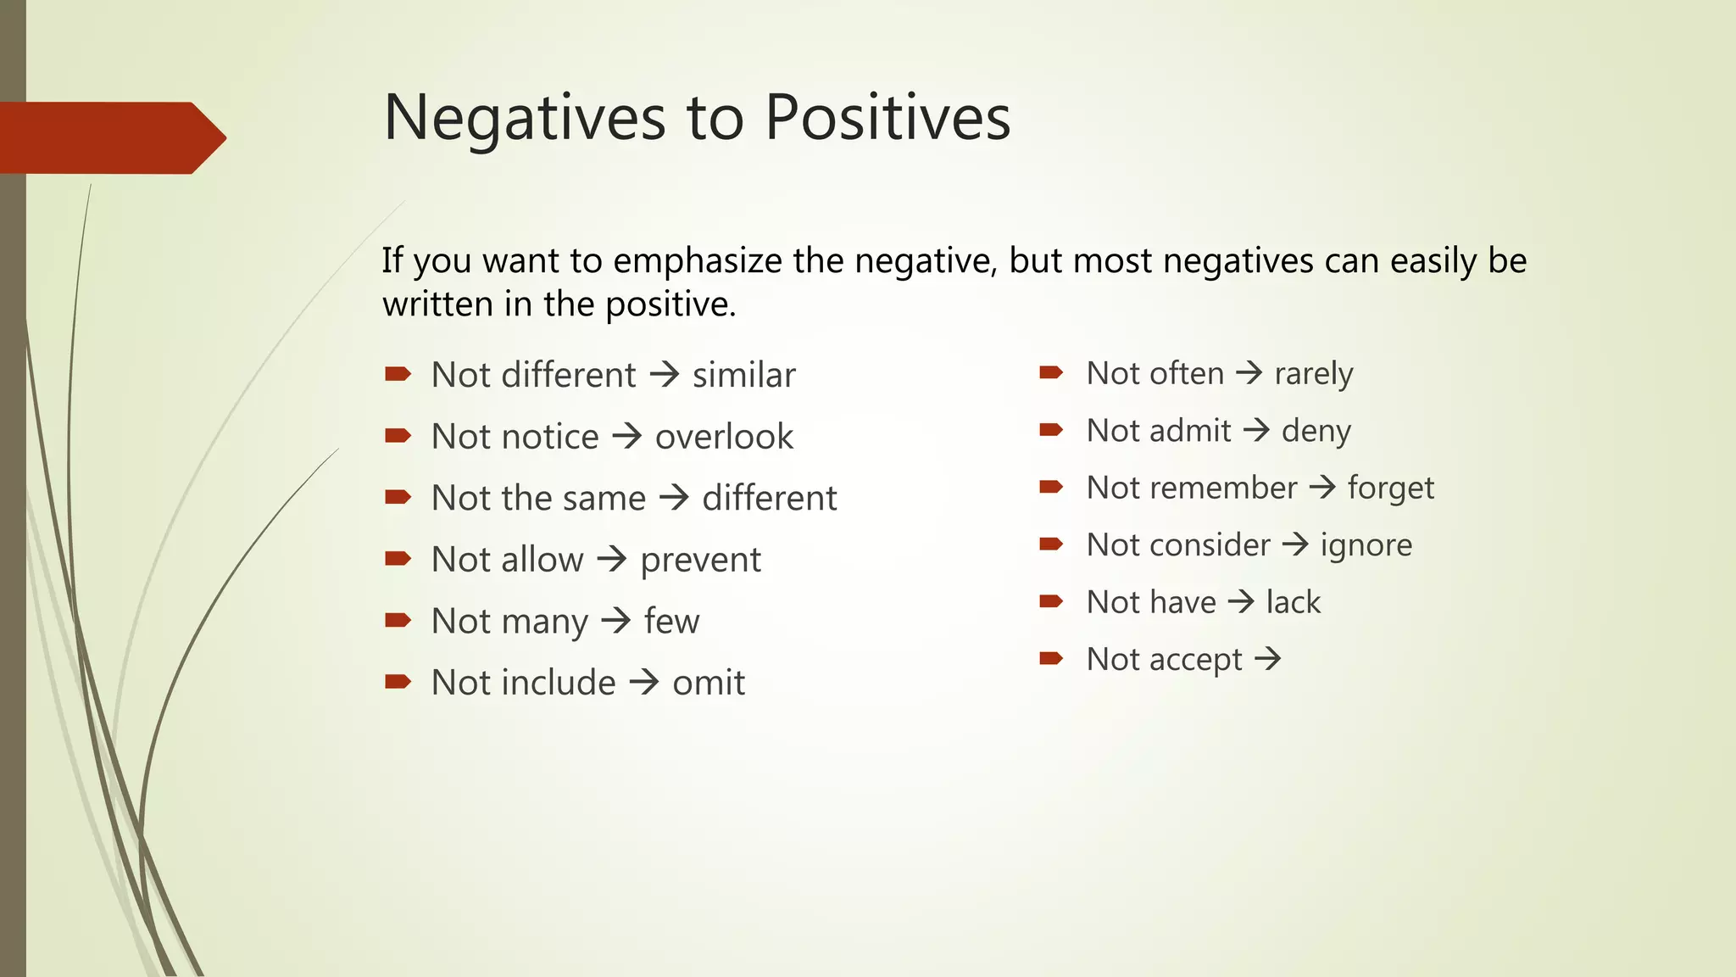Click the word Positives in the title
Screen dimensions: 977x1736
(x=887, y=117)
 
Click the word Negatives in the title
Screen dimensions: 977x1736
(x=525, y=117)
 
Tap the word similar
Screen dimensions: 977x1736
(x=743, y=375)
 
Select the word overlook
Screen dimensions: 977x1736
(x=724, y=437)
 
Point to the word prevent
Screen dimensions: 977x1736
(x=700, y=560)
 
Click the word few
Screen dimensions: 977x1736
(x=671, y=622)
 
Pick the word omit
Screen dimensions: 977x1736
(x=709, y=683)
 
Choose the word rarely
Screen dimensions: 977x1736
(x=1313, y=373)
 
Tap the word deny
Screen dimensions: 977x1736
(x=1316, y=431)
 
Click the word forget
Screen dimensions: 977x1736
(x=1390, y=488)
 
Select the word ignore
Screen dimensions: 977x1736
(x=1366, y=544)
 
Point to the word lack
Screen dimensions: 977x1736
(x=1293, y=602)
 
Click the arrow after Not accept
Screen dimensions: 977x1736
(x=1268, y=658)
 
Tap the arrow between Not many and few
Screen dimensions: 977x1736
(x=616, y=621)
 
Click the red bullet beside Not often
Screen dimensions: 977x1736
(x=1051, y=372)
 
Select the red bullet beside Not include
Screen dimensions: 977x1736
(x=398, y=681)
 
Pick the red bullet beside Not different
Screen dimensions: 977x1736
(x=398, y=373)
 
